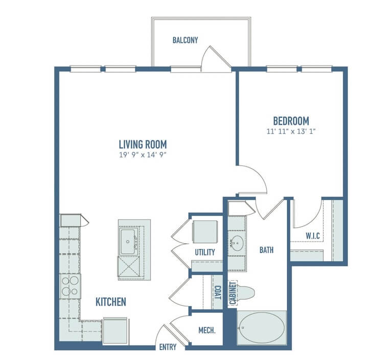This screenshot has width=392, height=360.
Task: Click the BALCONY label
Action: (185, 40)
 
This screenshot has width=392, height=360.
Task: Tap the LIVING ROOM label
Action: (143, 145)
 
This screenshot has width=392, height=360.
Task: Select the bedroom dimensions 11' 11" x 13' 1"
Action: (291, 131)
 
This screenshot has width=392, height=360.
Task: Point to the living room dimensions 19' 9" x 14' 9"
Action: (143, 155)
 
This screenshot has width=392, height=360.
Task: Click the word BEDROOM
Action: (291, 121)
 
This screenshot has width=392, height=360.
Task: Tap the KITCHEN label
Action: (111, 302)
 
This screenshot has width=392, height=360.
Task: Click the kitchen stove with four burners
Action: (70, 286)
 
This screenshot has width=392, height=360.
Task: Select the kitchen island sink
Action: (128, 242)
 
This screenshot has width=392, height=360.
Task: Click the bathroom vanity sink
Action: (237, 243)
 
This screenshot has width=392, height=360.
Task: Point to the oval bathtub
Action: (261, 328)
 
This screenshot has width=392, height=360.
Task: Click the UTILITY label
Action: (205, 252)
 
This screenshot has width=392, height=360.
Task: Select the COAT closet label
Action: (218, 293)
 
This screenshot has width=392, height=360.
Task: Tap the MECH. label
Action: (207, 330)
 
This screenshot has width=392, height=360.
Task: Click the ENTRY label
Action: (168, 347)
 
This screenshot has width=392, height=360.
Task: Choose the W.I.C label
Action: (313, 235)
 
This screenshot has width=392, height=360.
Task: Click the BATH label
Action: (266, 250)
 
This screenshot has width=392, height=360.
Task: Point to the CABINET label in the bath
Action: (233, 293)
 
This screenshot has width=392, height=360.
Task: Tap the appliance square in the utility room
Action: (205, 231)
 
